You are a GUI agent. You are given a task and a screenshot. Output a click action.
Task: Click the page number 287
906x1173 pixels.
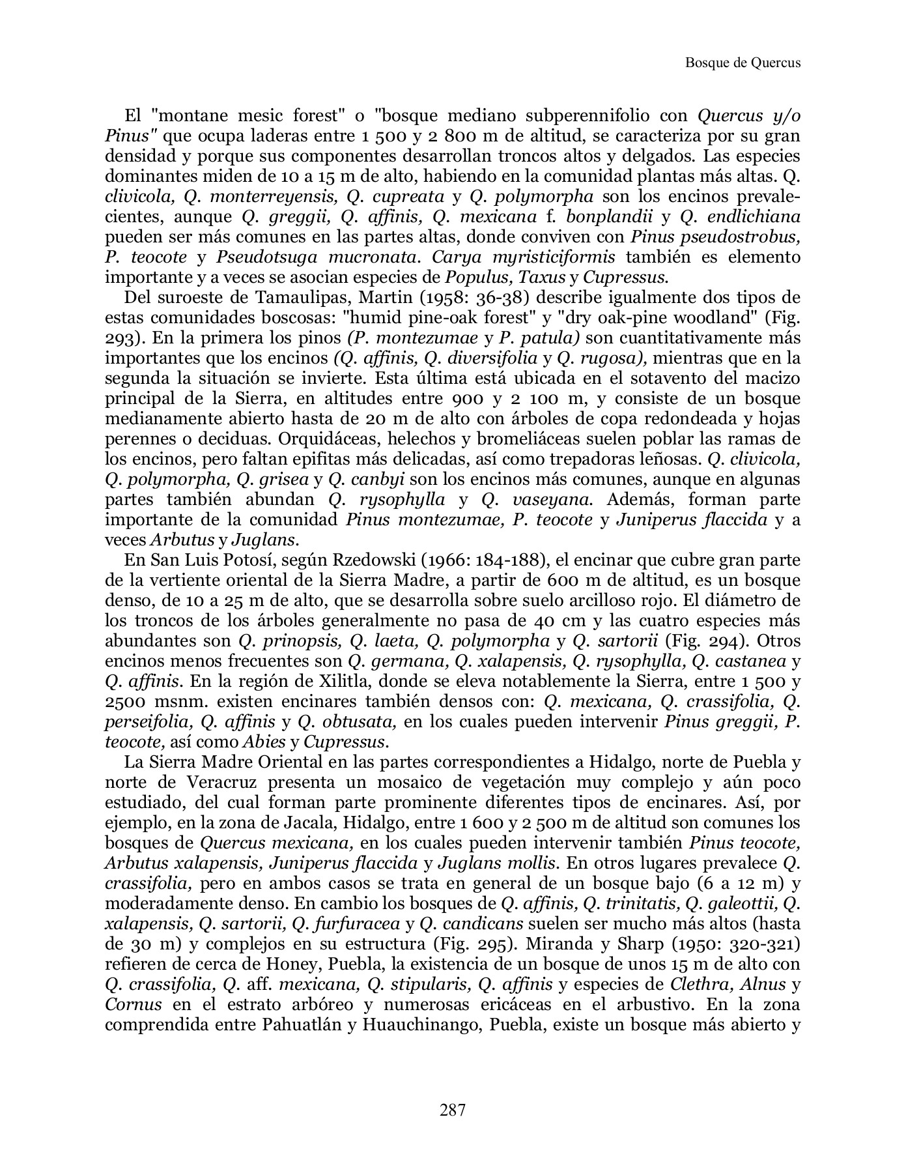coord(453,1110)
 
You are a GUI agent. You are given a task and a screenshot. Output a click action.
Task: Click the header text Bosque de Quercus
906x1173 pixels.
coord(743,63)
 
